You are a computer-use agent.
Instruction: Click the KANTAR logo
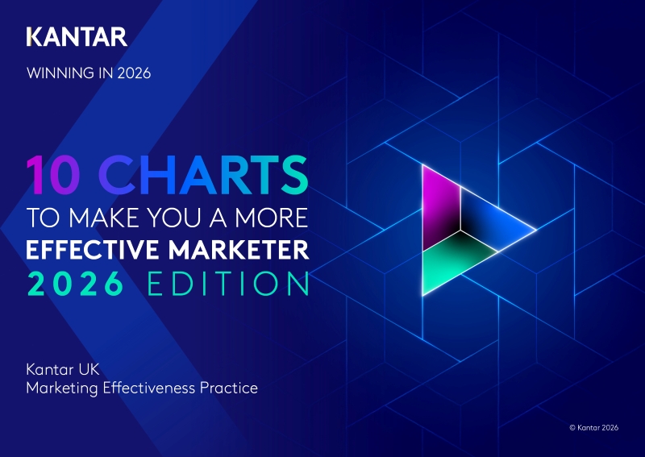click(x=77, y=36)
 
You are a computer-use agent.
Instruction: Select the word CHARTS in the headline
click(x=206, y=175)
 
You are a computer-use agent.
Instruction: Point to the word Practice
click(x=231, y=388)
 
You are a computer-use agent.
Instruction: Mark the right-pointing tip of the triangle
click(x=535, y=232)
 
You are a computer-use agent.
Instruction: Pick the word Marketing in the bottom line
click(x=59, y=388)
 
